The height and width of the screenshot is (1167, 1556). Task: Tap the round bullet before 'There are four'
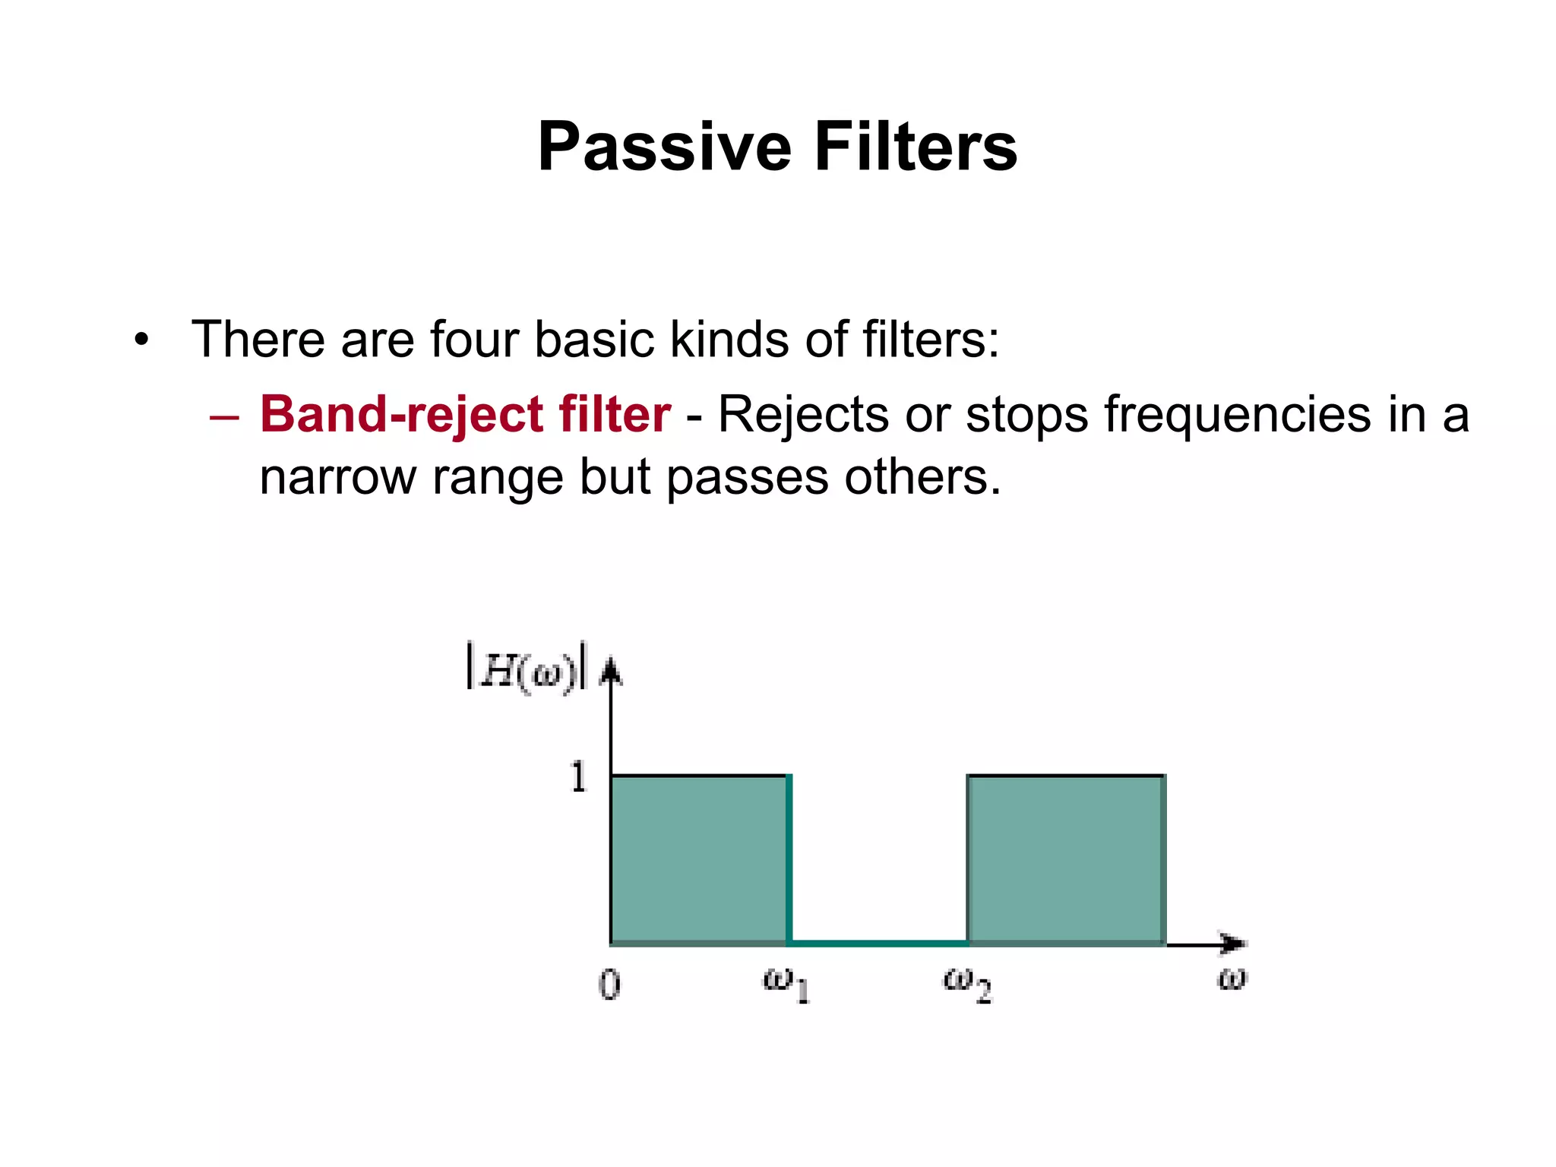pos(141,339)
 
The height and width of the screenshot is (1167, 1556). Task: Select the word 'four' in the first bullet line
pos(474,339)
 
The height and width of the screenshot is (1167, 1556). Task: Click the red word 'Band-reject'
pos(401,415)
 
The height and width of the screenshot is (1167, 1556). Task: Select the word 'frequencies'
pos(1237,415)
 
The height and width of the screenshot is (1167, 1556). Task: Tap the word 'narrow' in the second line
pos(337,477)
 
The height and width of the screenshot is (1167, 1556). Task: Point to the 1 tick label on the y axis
pos(579,777)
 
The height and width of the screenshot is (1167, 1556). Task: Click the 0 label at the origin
pos(609,985)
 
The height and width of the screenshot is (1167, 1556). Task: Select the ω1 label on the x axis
pos(786,985)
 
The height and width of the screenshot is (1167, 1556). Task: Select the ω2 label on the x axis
pos(966,985)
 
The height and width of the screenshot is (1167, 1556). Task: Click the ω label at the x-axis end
pos(1232,979)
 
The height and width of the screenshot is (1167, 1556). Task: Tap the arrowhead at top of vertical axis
pos(611,672)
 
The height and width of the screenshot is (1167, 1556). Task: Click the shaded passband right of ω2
pos(1065,860)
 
